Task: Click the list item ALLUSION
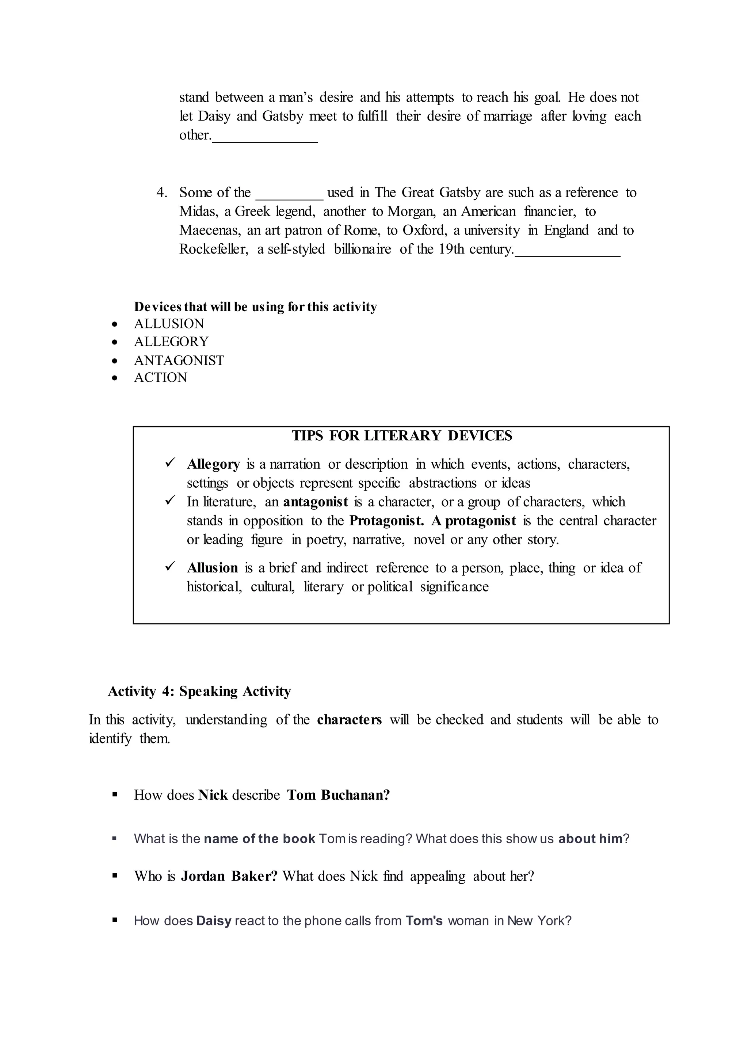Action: pyautogui.click(x=169, y=324)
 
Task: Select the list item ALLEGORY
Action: pyautogui.click(x=171, y=342)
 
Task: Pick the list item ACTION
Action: pyautogui.click(x=160, y=377)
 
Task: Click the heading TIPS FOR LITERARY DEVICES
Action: pyautogui.click(x=402, y=436)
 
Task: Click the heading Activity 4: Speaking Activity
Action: pyautogui.click(x=199, y=691)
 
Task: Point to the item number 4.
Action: pyautogui.click(x=162, y=193)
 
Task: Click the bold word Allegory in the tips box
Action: pyautogui.click(x=213, y=464)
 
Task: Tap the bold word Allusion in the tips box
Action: pyautogui.click(x=212, y=568)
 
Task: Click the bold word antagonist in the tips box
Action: pyautogui.click(x=315, y=502)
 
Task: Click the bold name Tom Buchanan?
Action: pyautogui.click(x=339, y=795)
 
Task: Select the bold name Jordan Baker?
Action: pyautogui.click(x=229, y=876)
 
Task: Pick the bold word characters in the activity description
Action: pyautogui.click(x=349, y=720)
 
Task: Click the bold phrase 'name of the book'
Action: pyautogui.click(x=259, y=839)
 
